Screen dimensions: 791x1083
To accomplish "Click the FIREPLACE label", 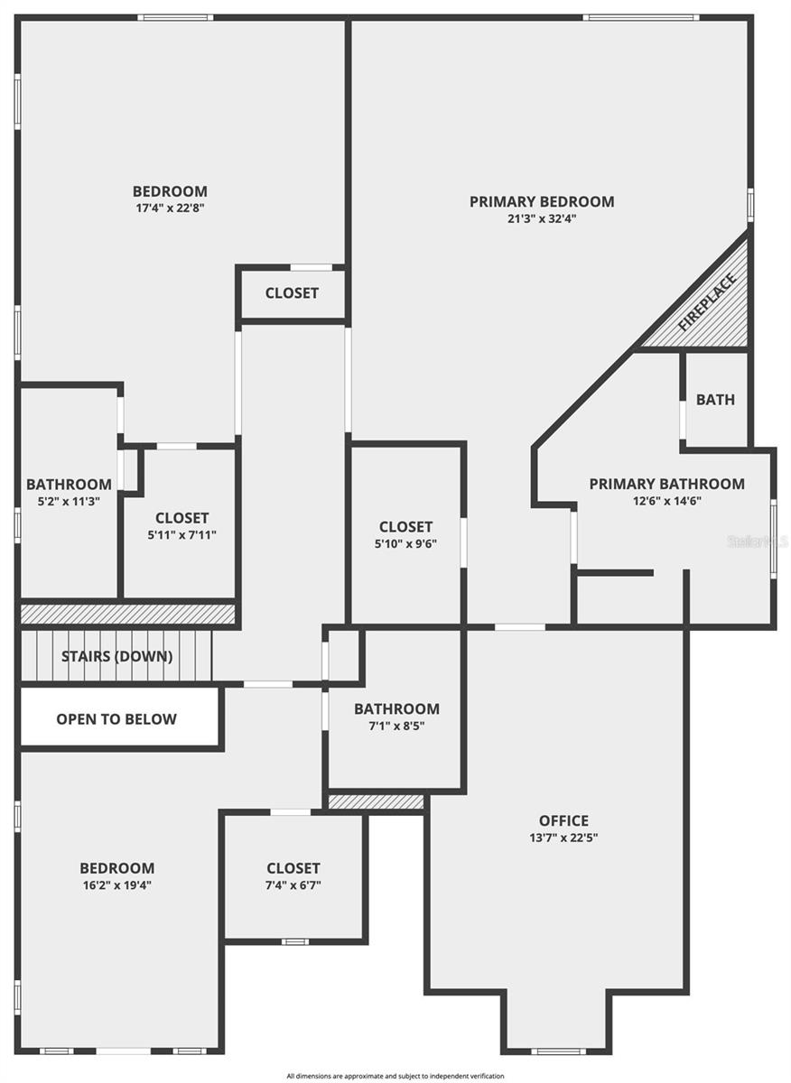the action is tap(707, 302).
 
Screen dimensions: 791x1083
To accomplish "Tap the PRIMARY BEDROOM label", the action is tap(542, 201).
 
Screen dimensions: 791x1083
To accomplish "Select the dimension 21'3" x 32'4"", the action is tap(542, 218).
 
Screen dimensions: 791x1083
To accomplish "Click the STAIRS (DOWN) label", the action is tap(117, 656).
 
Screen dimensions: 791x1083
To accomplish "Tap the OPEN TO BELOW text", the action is tap(116, 719).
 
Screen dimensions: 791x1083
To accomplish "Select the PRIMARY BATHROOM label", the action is tap(666, 484).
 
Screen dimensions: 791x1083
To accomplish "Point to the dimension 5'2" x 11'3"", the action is tap(70, 502).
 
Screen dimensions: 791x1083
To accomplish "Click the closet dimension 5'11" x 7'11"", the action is tap(181, 534).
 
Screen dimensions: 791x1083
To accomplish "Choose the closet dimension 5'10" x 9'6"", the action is tap(406, 543).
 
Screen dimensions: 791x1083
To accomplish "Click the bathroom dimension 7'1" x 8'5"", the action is tap(396, 726).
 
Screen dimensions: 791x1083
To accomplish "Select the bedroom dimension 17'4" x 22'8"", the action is tap(171, 208).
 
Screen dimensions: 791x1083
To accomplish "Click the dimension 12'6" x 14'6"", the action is tap(667, 501).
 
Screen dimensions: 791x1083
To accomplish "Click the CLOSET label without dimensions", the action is tap(292, 293).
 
